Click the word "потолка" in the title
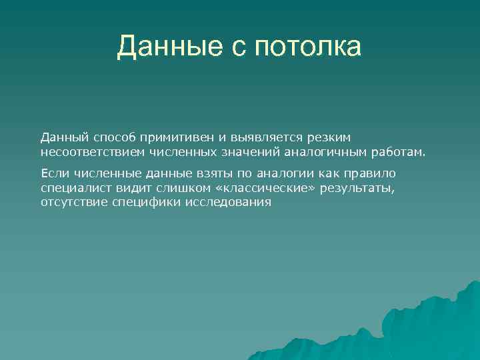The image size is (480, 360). pyautogui.click(x=307, y=47)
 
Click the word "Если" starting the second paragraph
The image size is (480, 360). pyautogui.click(x=53, y=173)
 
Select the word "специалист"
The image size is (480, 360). pyautogui.click(x=72, y=188)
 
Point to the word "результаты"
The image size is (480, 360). pyautogui.click(x=357, y=188)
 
